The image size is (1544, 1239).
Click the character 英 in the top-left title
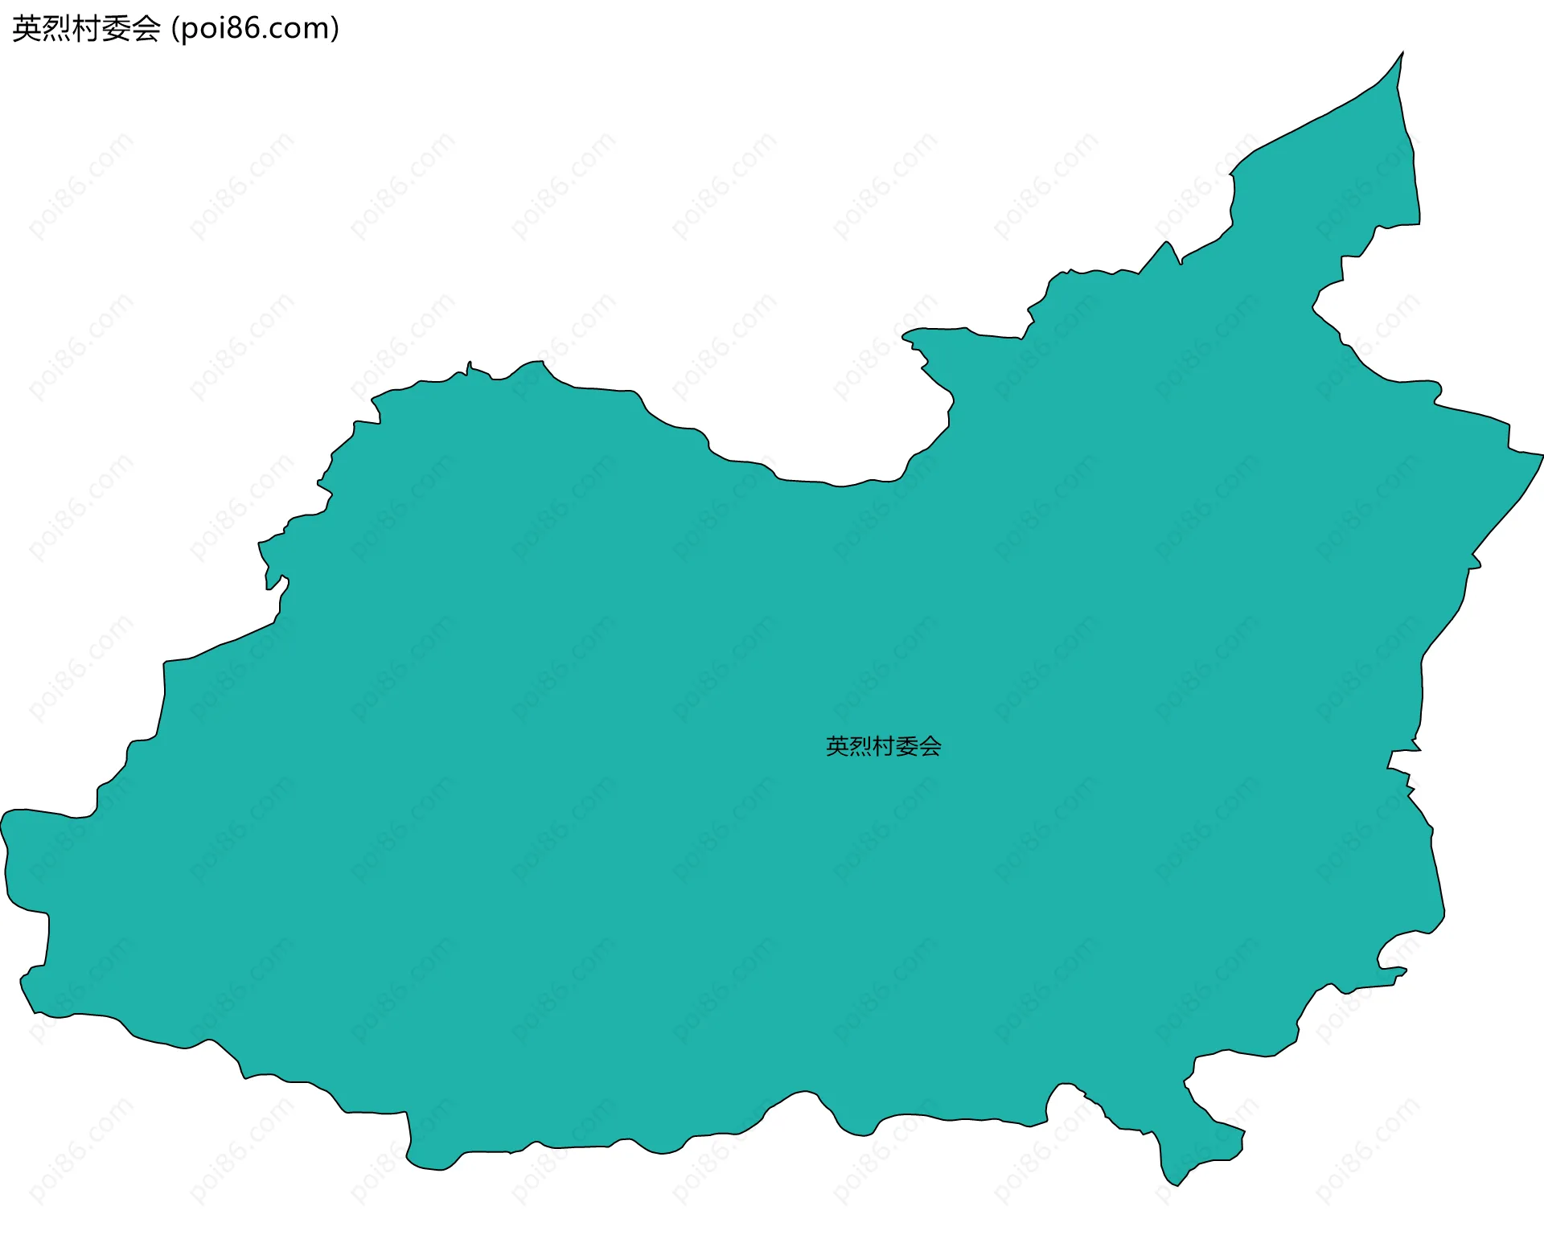tap(27, 29)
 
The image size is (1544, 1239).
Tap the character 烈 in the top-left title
tap(56, 29)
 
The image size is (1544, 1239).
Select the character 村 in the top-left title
tap(86, 29)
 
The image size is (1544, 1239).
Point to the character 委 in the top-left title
tap(116, 29)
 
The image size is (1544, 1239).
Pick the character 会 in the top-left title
tap(146, 29)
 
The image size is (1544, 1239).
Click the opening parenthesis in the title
tap(175, 29)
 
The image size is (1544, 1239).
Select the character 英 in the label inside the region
tap(837, 746)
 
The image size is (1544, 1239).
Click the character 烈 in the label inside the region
tap(860, 746)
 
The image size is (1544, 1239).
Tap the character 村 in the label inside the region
tap(884, 746)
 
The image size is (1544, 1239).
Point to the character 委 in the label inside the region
tap(907, 746)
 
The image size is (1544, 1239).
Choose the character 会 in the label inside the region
tap(930, 746)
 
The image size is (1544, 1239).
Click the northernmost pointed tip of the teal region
tap(1402, 54)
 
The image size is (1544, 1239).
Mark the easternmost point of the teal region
tap(1542, 456)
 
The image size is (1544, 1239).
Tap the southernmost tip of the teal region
tap(1176, 1184)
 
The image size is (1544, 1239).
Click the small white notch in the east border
tap(1403, 759)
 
